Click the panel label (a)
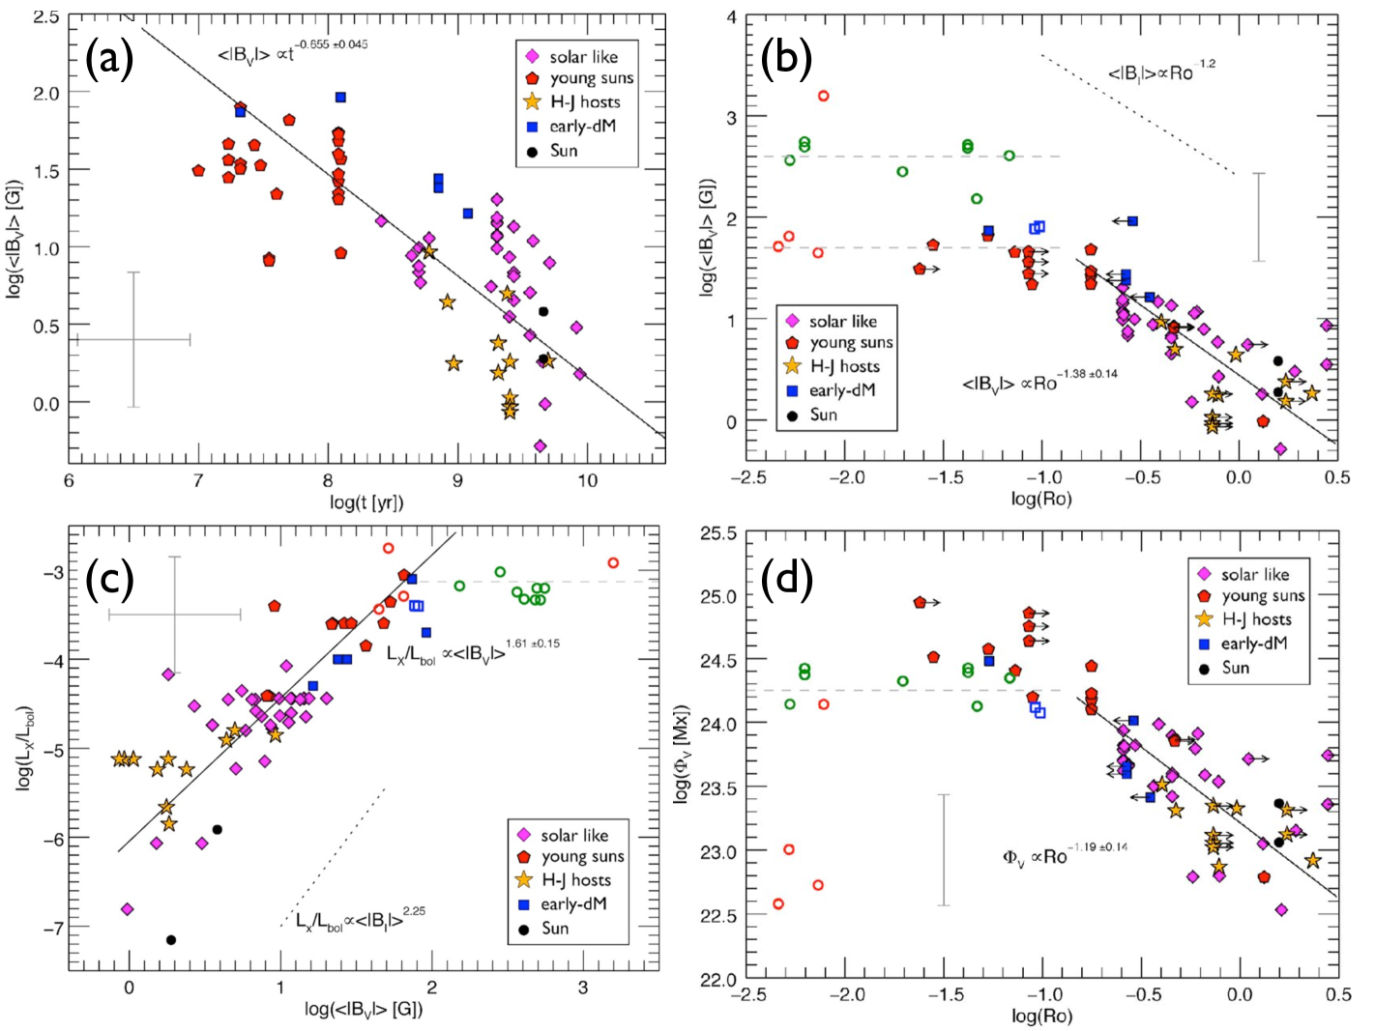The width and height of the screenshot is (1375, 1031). coord(108,60)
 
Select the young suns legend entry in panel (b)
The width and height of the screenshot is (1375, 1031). coord(850,343)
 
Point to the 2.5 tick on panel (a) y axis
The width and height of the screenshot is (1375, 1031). coord(44,17)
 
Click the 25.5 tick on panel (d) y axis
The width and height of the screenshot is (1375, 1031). coord(717,533)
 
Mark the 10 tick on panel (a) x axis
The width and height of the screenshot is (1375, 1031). coord(586,481)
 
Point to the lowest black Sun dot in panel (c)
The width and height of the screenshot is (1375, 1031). coord(171,939)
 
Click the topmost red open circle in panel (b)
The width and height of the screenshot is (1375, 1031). coord(823,96)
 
